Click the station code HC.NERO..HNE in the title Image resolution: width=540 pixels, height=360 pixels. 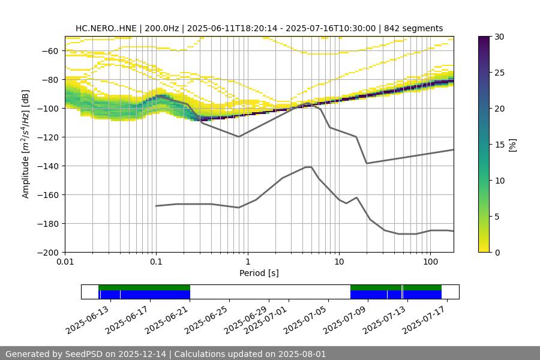[106, 28]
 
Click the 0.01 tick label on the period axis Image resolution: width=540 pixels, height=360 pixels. [65, 262]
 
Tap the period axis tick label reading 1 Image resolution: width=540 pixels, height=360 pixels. [247, 262]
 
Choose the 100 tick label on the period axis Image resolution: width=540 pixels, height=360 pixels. [430, 262]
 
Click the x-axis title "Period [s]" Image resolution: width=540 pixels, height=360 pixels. [259, 273]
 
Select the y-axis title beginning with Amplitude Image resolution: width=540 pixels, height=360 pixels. [26, 144]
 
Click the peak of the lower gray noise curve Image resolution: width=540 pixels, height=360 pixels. [308, 167]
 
